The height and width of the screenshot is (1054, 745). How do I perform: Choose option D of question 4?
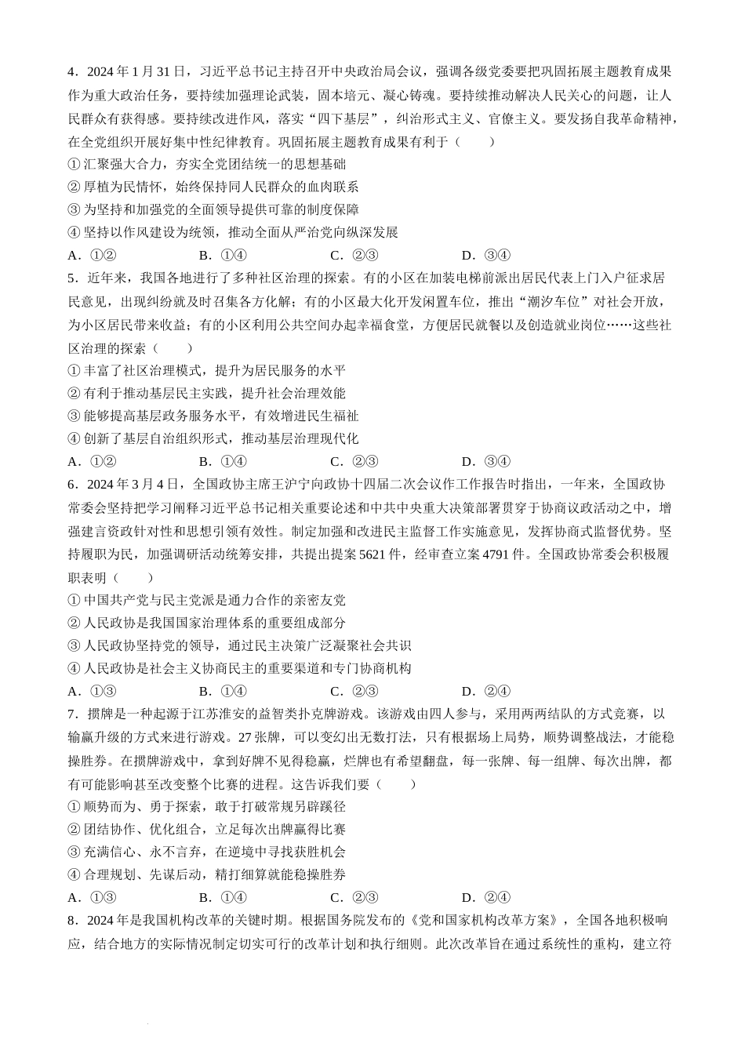pos(486,255)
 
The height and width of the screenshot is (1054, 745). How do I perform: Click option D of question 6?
pos(486,692)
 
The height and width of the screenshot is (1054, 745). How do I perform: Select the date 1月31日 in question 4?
pos(161,73)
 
